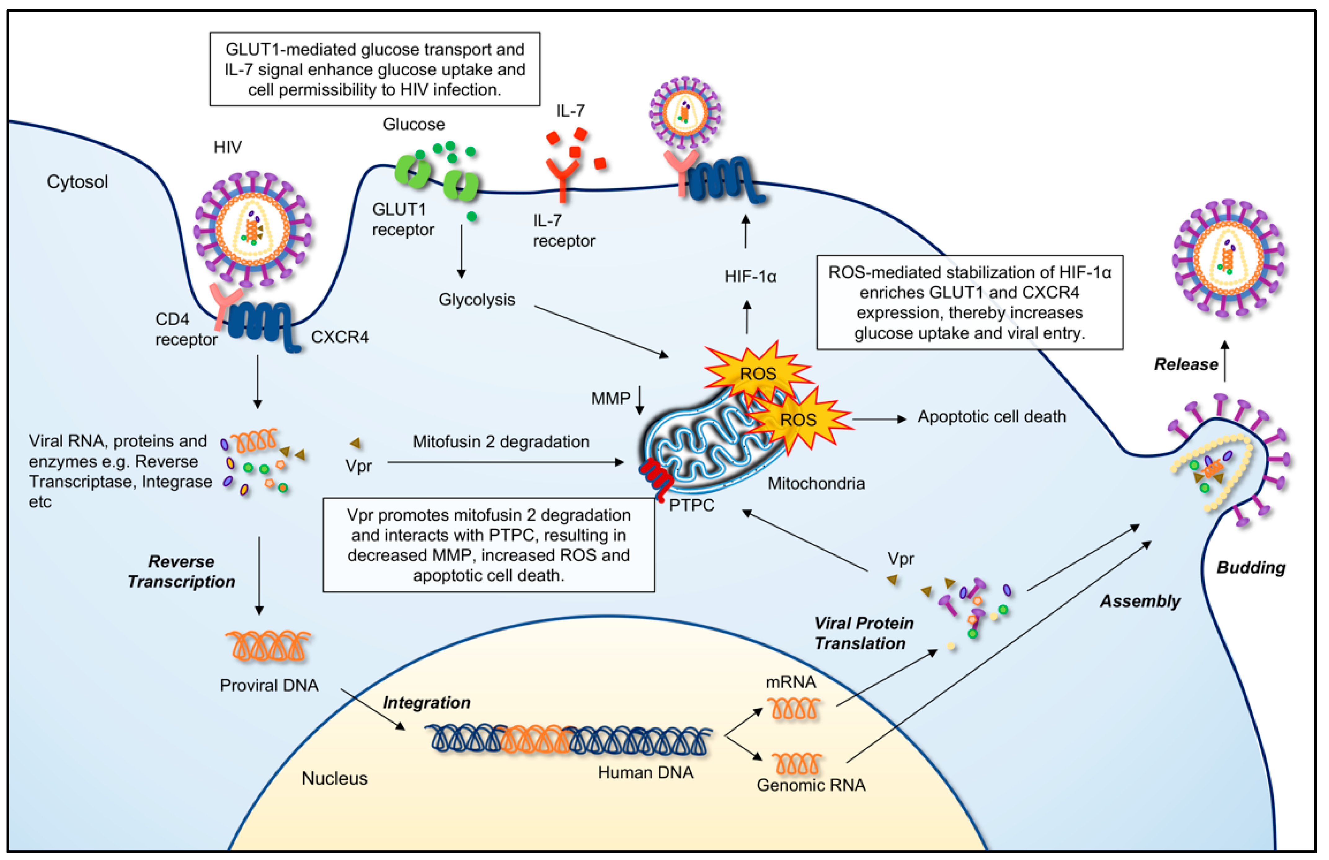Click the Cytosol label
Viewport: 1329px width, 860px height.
(x=77, y=182)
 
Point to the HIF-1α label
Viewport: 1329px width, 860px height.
(x=750, y=277)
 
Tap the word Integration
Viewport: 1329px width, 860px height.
(x=426, y=703)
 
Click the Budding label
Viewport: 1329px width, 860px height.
(x=1251, y=567)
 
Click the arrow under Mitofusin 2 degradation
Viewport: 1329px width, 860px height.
(x=505, y=462)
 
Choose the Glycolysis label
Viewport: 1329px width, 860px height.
(x=476, y=300)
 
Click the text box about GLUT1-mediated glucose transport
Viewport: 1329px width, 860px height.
(x=375, y=69)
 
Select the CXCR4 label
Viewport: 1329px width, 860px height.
(x=339, y=337)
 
